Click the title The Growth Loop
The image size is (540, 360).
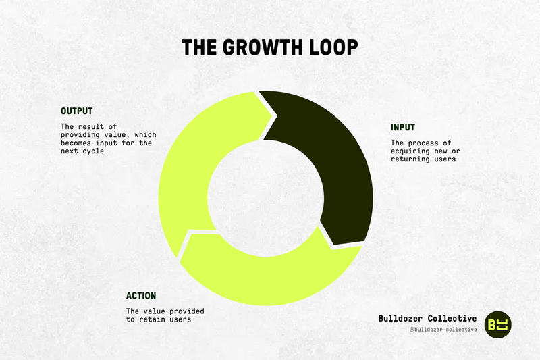click(x=270, y=48)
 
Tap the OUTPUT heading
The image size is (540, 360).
click(x=76, y=111)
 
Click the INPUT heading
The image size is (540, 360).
click(x=403, y=127)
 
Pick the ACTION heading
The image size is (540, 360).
click(x=141, y=295)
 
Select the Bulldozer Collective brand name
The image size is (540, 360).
click(x=427, y=317)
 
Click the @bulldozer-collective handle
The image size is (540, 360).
click(x=443, y=329)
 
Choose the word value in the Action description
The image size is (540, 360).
click(x=155, y=311)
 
